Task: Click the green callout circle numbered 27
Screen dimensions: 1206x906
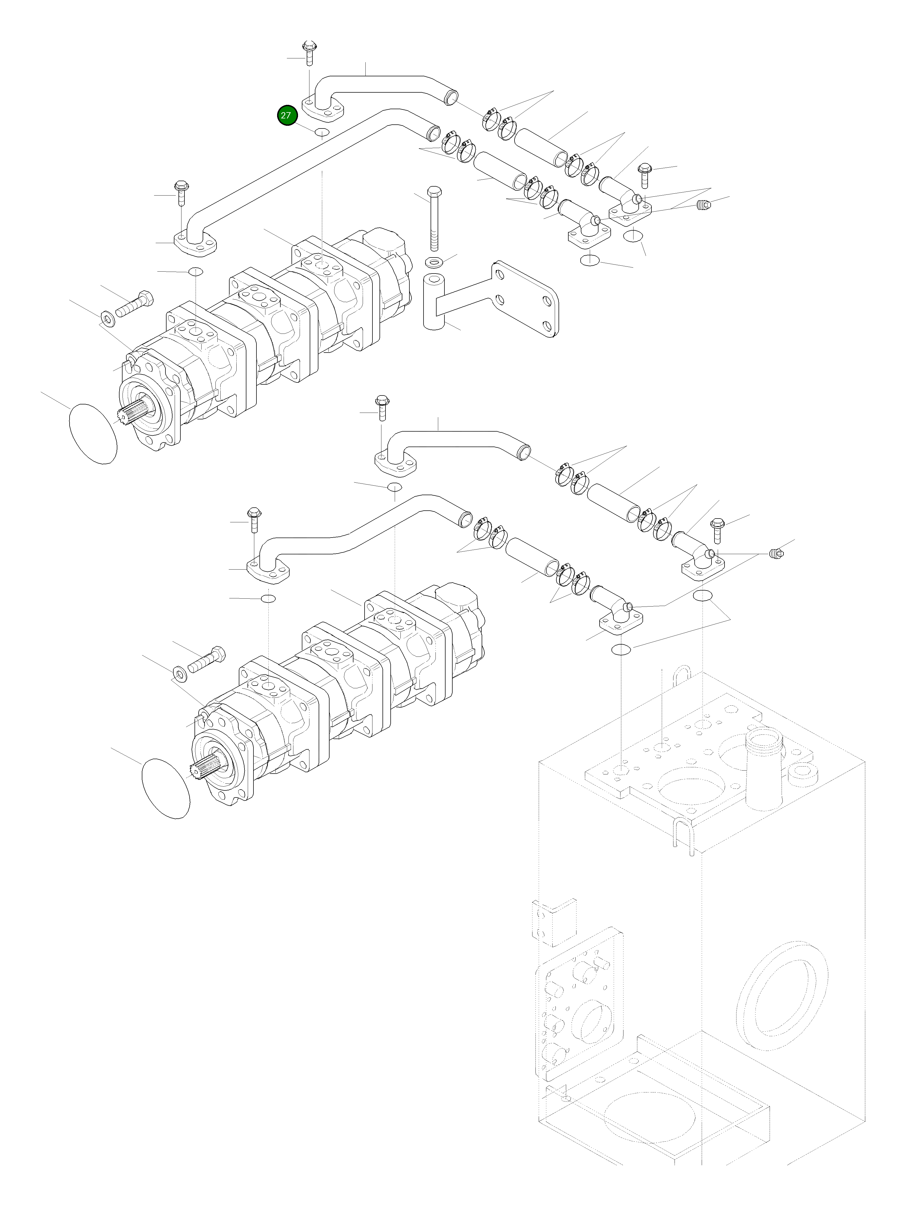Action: (286, 116)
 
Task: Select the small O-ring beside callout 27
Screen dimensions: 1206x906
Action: (322, 132)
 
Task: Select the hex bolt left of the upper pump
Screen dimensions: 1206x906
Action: (133, 305)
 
